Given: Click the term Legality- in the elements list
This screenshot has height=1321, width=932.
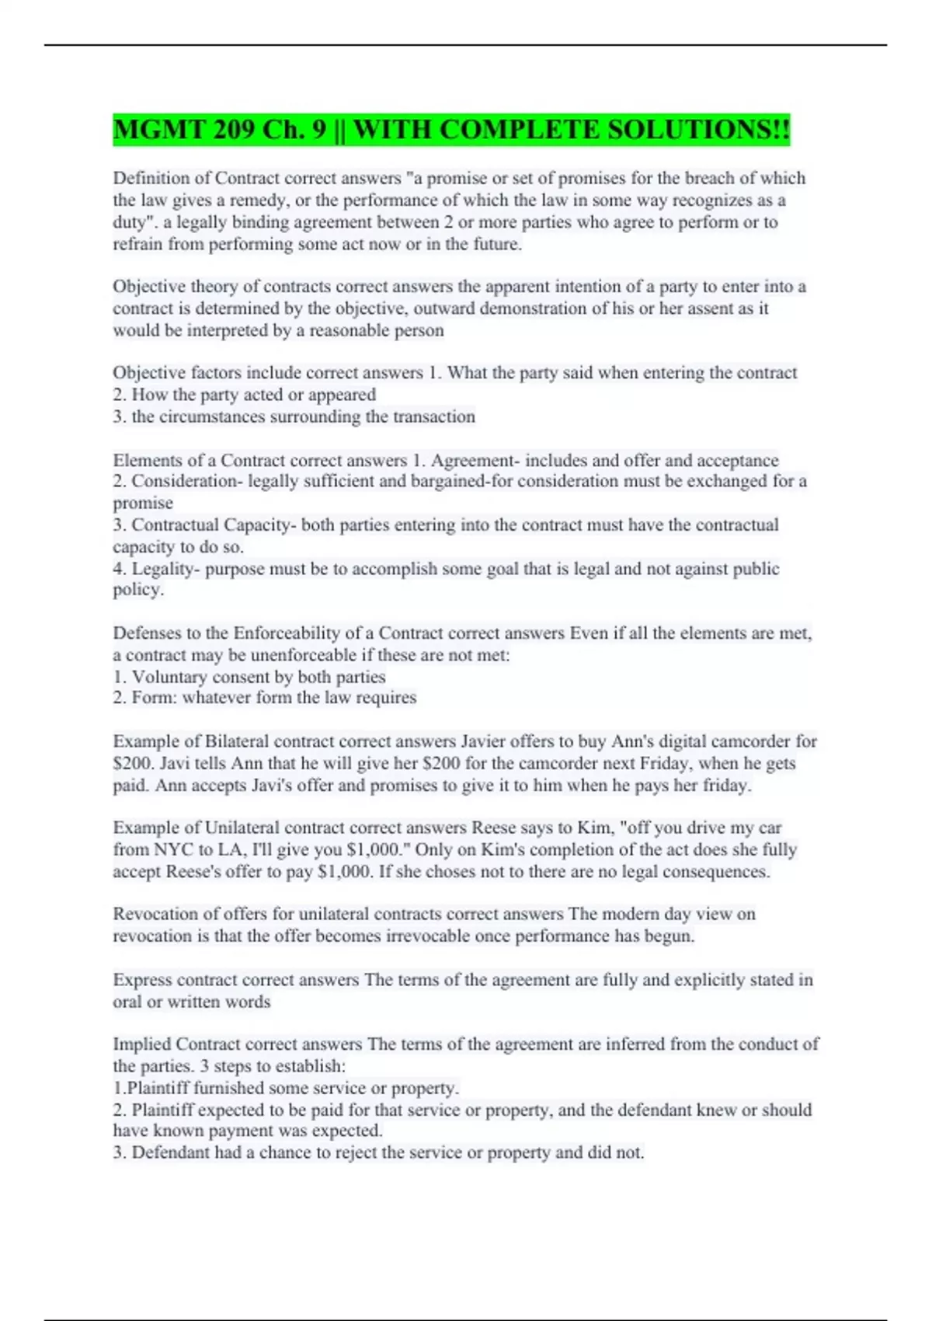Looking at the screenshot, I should pyautogui.click(x=166, y=569).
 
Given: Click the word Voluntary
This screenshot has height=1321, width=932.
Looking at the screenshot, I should pyautogui.click(x=169, y=677).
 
